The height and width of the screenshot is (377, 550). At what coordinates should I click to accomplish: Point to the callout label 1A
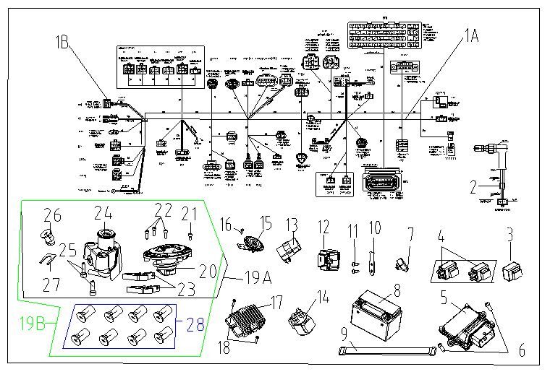[x=471, y=33]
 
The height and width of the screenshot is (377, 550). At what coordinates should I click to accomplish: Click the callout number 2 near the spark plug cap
[x=473, y=189]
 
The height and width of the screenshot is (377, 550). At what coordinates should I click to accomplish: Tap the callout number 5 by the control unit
[x=448, y=295]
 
